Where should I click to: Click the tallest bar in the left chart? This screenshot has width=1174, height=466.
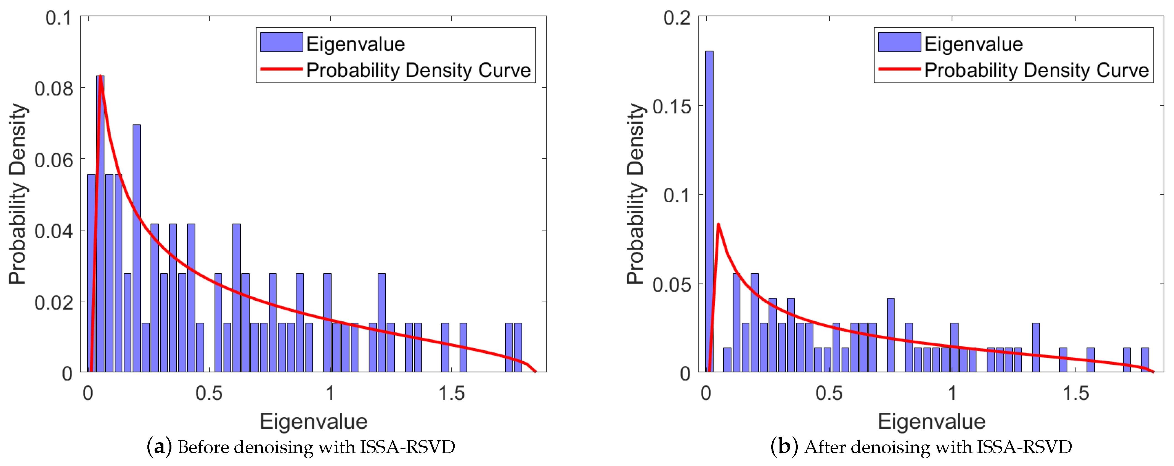pyautogui.click(x=100, y=223)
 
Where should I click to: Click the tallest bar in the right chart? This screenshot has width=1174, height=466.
pyautogui.click(x=709, y=211)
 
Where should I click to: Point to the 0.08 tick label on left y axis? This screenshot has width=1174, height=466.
pyautogui.click(x=54, y=88)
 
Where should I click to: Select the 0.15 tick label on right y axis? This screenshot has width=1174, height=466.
pyautogui.click(x=672, y=107)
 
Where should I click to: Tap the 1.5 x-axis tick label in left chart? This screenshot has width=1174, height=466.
pyautogui.click(x=451, y=393)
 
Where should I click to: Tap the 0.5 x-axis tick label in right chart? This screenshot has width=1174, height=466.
pyautogui.click(x=829, y=393)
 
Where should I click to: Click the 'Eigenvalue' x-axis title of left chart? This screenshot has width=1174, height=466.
pyautogui.click(x=314, y=421)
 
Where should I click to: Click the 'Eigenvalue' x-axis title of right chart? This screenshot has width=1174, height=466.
pyautogui.click(x=932, y=421)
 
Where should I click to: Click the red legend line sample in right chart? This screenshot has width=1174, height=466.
pyautogui.click(x=899, y=69)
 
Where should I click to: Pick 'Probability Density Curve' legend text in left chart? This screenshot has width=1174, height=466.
pyautogui.click(x=418, y=70)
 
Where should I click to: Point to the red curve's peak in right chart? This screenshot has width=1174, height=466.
pyautogui.click(x=718, y=224)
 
